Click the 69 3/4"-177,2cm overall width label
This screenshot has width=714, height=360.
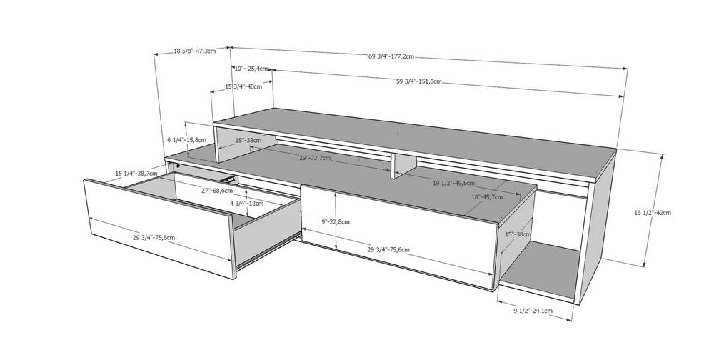coord(391,56)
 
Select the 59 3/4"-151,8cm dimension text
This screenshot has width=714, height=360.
coord(419,81)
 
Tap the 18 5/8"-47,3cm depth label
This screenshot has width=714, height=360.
coord(194,51)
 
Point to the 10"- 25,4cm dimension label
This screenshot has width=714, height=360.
coord(251,69)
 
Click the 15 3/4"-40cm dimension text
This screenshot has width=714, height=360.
coord(243,86)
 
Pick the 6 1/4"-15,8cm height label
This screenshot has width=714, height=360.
coord(187,140)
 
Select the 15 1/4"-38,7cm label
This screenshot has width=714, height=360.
coord(136,173)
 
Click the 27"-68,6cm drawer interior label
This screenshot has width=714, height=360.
coord(217,190)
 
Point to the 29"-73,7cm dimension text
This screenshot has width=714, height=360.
coord(315,158)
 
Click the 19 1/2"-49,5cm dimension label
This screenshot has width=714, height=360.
coord(453,183)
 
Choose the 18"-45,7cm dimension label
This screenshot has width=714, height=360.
coord(487,197)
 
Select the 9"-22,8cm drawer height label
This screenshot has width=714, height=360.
coord(336,222)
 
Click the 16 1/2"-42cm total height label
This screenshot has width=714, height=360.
coord(653,212)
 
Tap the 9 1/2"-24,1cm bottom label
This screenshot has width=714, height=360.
coord(533,311)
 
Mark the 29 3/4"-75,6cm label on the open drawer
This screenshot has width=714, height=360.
coord(154,237)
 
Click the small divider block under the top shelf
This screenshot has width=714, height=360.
coord(404,165)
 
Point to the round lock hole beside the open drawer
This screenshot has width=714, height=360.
coord(178,166)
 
